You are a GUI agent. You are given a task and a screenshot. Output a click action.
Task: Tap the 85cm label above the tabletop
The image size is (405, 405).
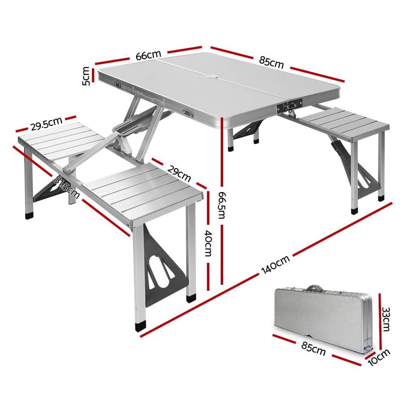(x=271, y=63)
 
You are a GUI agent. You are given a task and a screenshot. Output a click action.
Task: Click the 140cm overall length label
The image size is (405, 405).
(x=275, y=265)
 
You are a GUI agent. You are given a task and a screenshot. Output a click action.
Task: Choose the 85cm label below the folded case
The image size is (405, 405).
(x=313, y=348)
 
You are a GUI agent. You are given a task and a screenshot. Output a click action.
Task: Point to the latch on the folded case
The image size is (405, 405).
(x=368, y=345)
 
